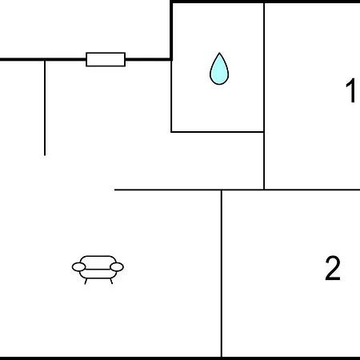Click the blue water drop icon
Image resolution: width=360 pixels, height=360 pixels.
tap(219, 69)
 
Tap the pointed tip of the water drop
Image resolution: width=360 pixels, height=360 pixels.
tap(219, 53)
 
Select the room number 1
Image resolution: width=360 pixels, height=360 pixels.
tap(351, 90)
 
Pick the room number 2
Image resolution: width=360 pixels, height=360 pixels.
tap(333, 268)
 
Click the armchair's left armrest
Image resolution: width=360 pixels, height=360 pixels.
tap(78, 266)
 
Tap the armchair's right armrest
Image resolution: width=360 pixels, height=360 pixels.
tap(117, 266)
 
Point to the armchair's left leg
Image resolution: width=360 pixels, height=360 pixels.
tap(86, 282)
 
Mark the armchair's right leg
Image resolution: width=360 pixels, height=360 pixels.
tap(111, 281)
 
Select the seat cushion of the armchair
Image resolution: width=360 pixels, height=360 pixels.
tap(98, 274)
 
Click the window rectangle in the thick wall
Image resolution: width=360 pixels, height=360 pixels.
tap(106, 59)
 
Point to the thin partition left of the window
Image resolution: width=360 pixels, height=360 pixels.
tap(45, 108)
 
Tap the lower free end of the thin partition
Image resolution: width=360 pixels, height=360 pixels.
tap(45, 155)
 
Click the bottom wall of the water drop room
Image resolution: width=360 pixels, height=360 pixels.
tap(218, 132)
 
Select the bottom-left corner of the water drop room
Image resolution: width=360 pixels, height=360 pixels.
tap(171, 132)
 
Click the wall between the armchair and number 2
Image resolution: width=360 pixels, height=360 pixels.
tap(222, 274)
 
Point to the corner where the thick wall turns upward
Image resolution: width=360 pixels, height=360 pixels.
tap(171, 59)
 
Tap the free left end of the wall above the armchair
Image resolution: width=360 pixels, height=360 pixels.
tap(114, 190)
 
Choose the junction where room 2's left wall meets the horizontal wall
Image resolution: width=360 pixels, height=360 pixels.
tap(222, 190)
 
